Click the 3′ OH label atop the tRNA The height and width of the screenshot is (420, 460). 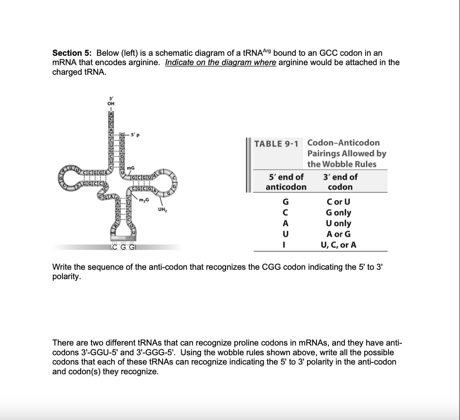pos(111,101)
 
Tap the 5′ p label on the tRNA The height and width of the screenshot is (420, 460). pos(135,135)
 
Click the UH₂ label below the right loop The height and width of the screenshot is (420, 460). pos(162,210)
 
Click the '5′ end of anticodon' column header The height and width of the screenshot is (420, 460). pos(286,182)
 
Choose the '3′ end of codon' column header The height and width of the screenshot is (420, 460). pos(340,182)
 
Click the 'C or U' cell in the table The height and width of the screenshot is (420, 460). pos(338,202)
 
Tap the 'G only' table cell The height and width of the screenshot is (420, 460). pos(338,213)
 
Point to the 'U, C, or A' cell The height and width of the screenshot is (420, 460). pos(338,245)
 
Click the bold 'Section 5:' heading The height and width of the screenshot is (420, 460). pos(72,53)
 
